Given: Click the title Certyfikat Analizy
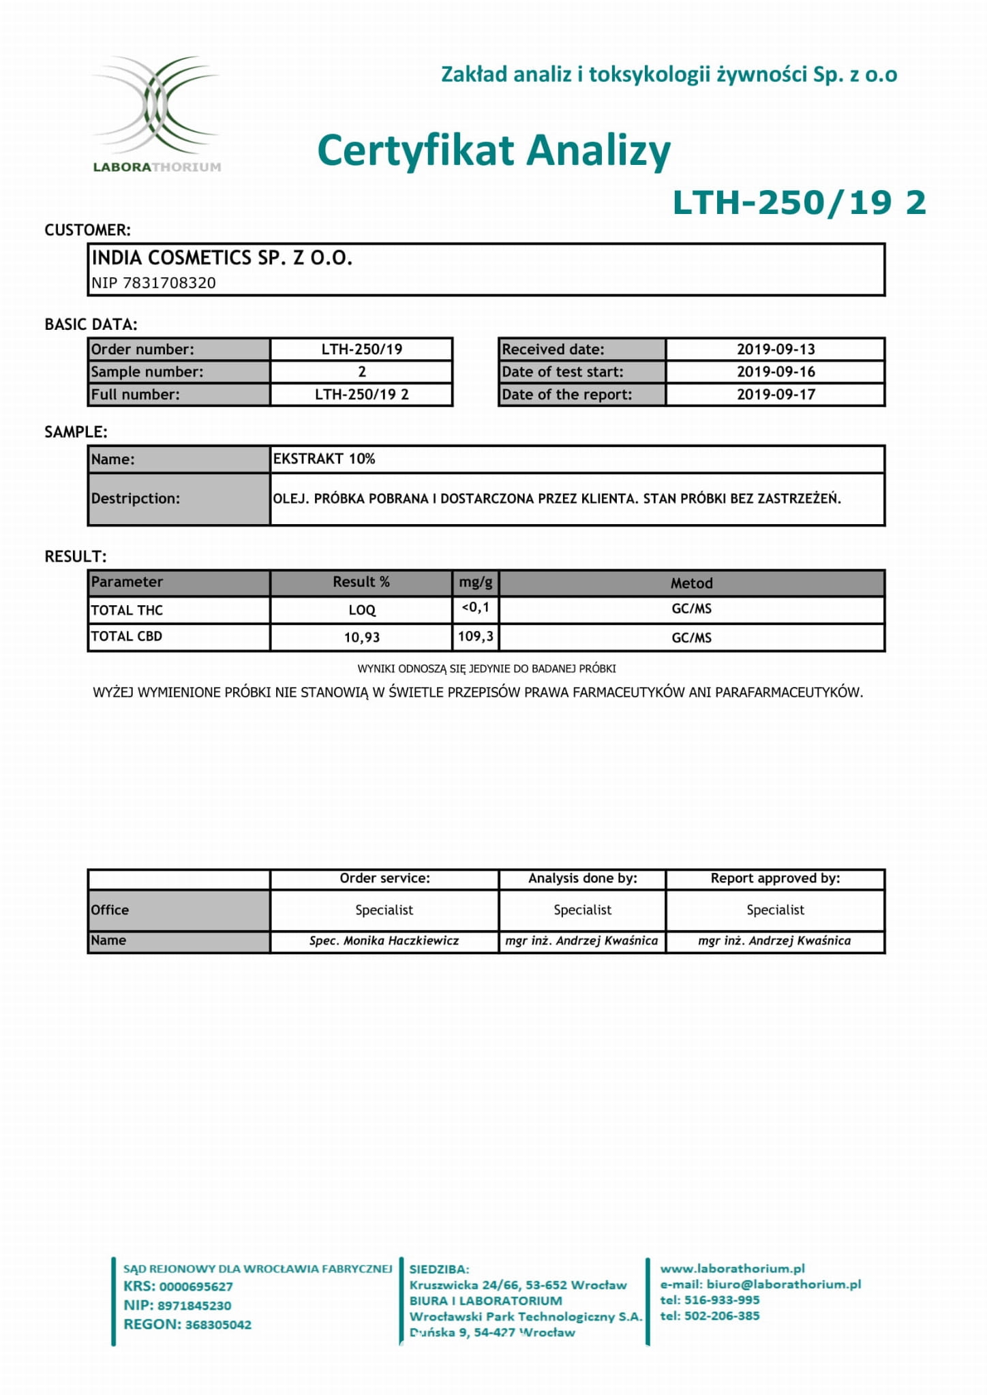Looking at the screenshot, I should (494, 151).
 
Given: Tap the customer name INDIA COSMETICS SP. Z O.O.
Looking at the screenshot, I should (222, 258).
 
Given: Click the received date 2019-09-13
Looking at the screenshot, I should (776, 349).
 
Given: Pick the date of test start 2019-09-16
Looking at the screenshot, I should (776, 371).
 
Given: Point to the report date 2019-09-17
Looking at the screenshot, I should (776, 394).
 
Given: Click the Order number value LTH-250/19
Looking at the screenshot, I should (361, 349).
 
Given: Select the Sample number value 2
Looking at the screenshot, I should (362, 371).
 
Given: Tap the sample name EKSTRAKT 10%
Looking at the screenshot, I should (324, 459).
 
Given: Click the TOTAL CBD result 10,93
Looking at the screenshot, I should (361, 637).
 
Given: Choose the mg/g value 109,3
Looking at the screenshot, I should (476, 636).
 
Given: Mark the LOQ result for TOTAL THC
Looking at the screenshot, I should (361, 610).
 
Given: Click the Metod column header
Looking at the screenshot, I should (691, 583).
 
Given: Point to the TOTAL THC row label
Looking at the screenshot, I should (127, 610).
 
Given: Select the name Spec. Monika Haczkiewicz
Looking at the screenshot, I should (384, 940).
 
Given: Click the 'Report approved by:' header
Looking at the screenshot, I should (775, 878).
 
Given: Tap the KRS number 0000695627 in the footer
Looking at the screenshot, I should (196, 1287).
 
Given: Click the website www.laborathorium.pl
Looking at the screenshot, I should (732, 1268).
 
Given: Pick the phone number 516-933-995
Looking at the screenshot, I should (721, 1300).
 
